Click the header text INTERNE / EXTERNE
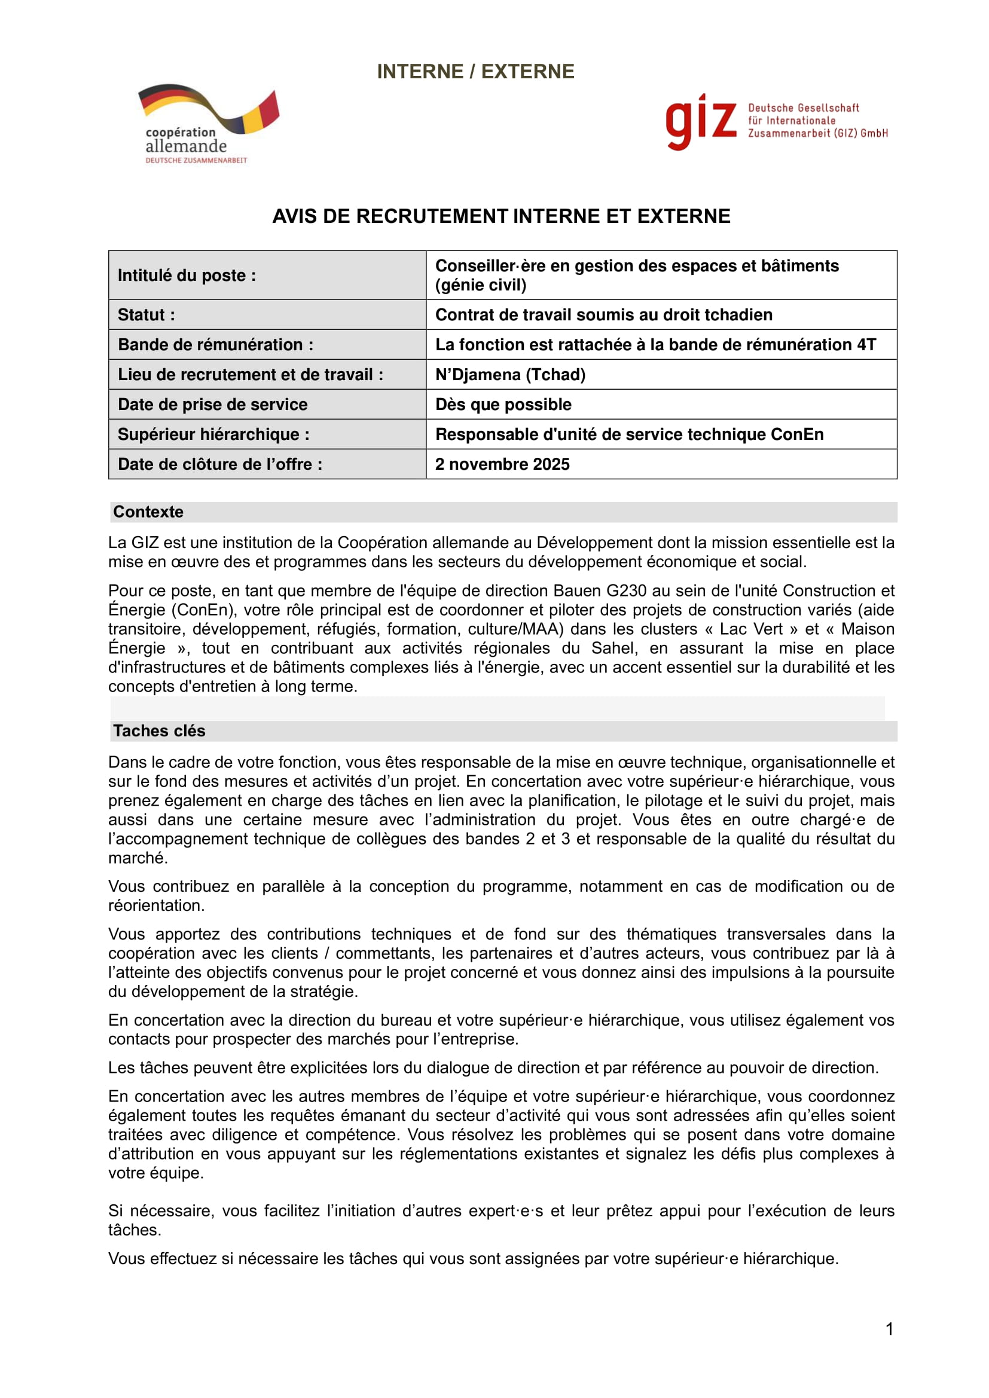475,71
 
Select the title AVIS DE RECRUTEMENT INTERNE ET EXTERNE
500,216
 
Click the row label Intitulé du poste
187,275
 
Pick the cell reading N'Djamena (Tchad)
510,375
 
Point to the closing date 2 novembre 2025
502,464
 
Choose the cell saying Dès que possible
503,404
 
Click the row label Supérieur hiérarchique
213,434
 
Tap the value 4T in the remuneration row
866,345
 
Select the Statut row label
146,315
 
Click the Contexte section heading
148,512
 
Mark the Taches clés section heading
159,730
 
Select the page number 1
889,1329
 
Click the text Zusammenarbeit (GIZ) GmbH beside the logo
817,133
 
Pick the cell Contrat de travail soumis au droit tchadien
603,315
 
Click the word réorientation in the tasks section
156,906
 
